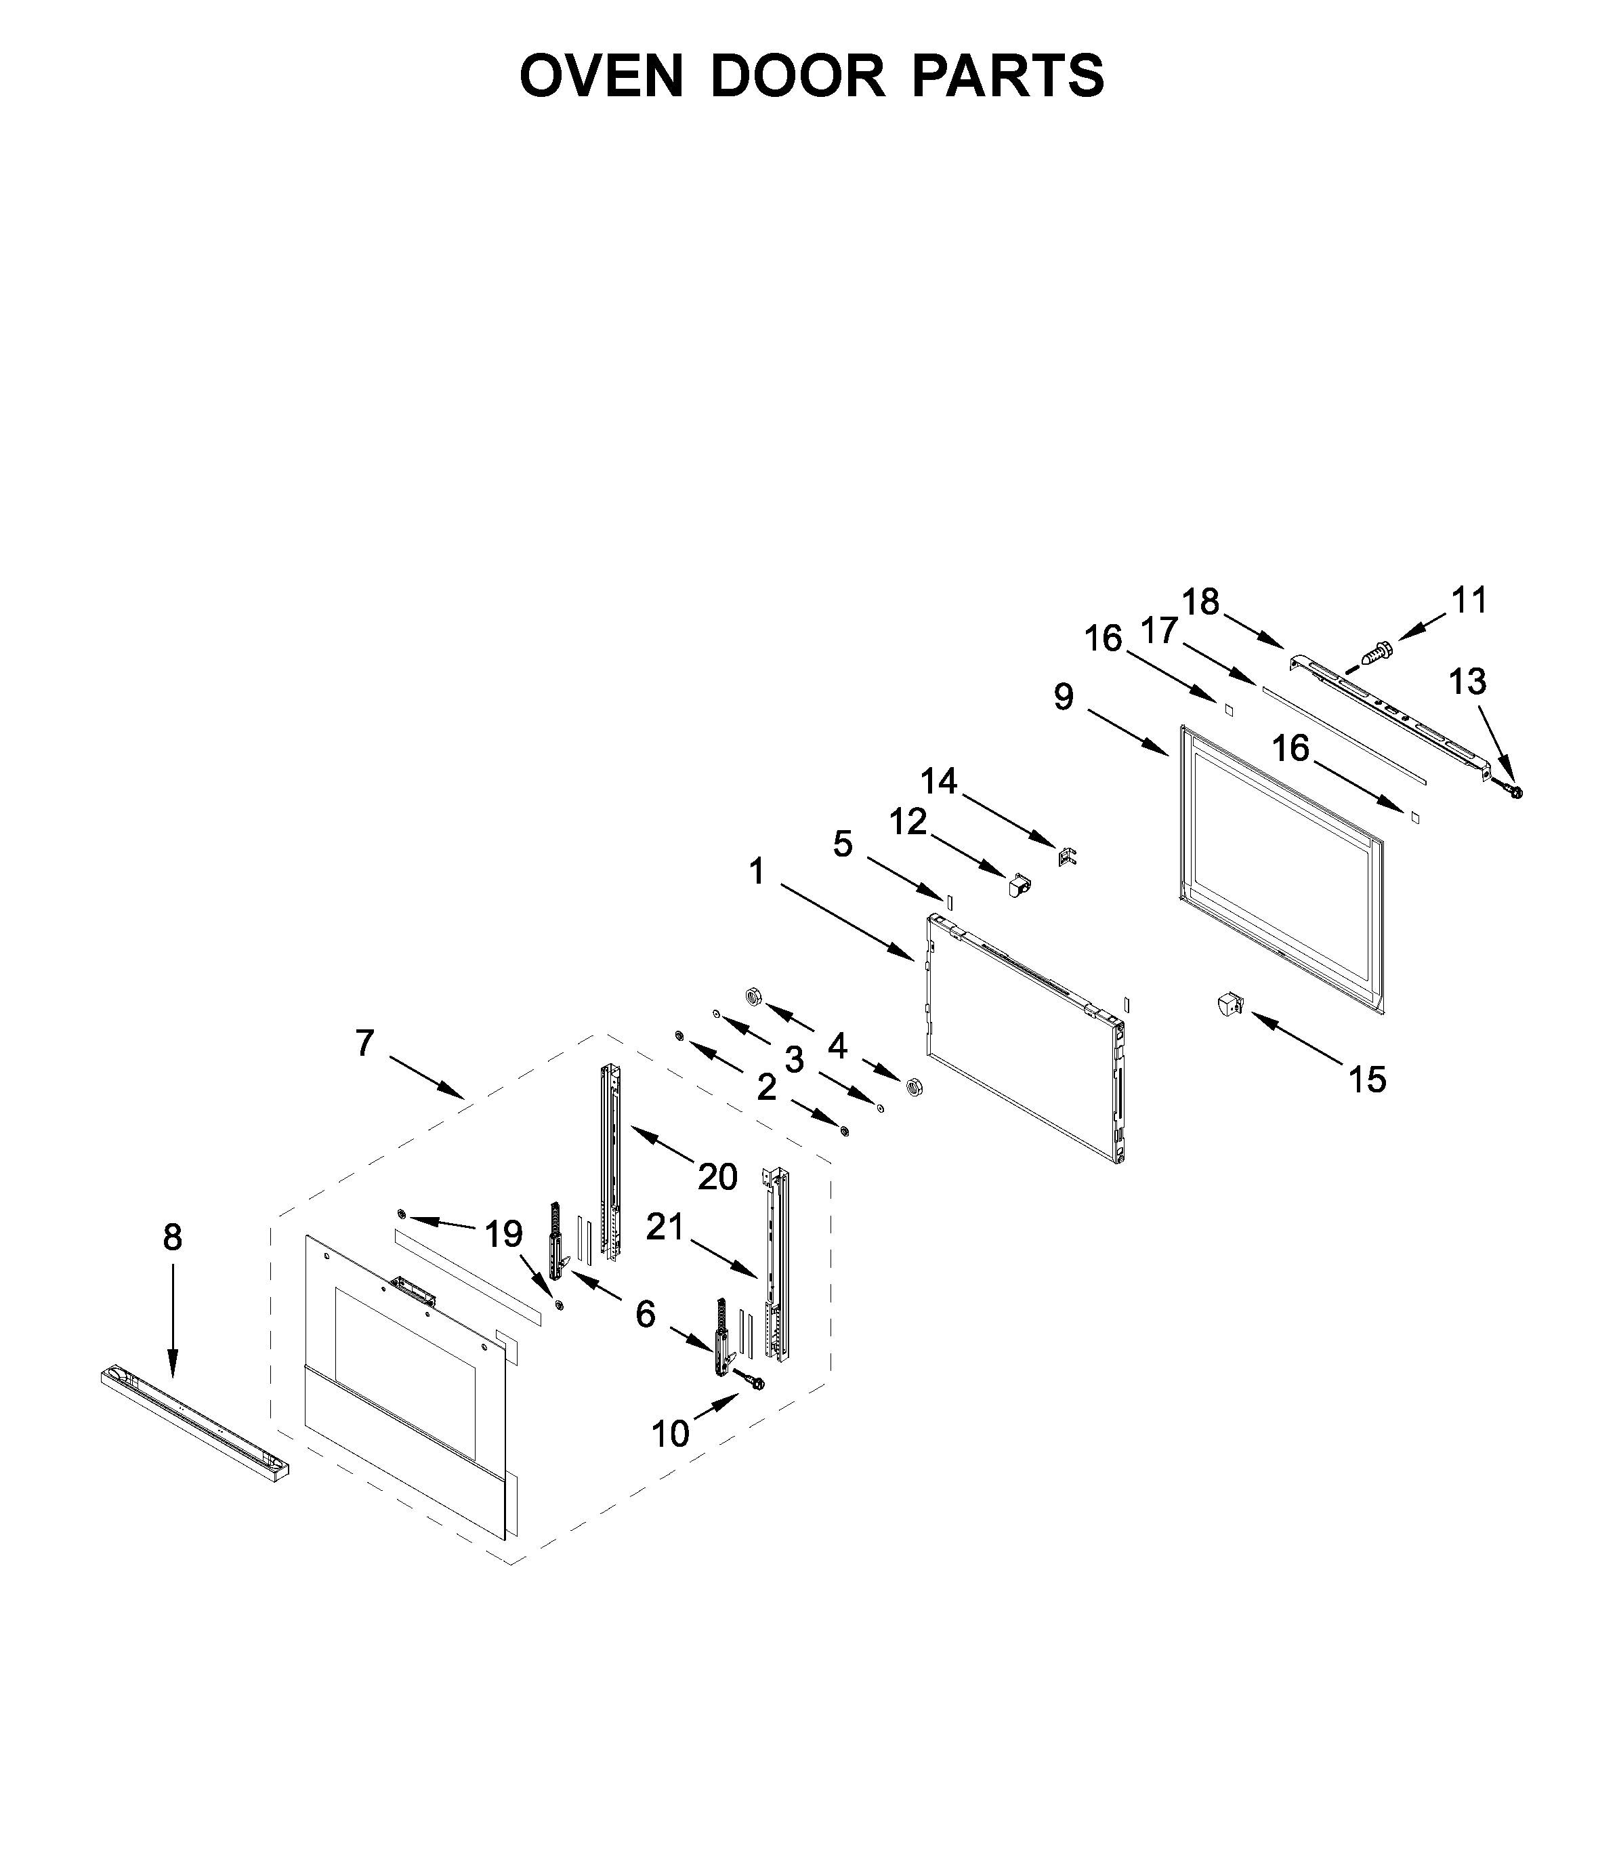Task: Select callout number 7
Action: (364, 1043)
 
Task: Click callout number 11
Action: (1469, 600)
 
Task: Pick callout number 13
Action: (1467, 681)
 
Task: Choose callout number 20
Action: (718, 1176)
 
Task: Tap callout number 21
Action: (665, 1227)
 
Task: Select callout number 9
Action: (1064, 697)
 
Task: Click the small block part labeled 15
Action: (1228, 1003)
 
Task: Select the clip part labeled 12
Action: (1020, 885)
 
